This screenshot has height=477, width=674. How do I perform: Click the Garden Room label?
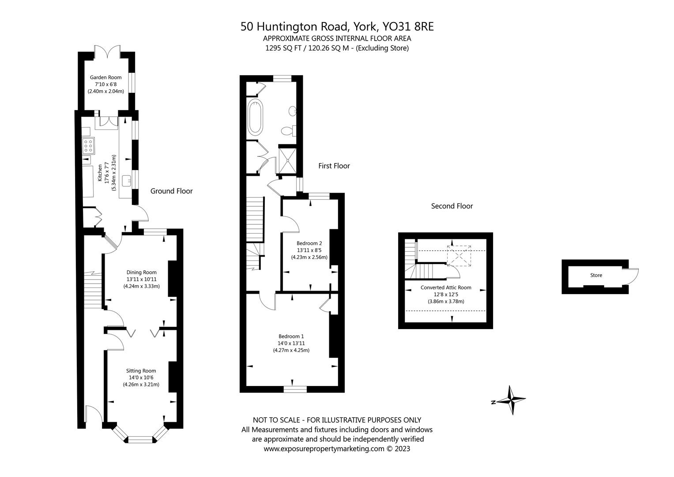pyautogui.click(x=105, y=77)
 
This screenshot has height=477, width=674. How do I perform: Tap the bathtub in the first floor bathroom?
pyautogui.click(x=255, y=117)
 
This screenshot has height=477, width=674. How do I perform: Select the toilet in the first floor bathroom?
pyautogui.click(x=289, y=131)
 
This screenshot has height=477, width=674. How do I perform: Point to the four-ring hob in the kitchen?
pyautogui.click(x=88, y=146)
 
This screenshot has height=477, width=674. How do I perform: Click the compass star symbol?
pyautogui.click(x=511, y=400)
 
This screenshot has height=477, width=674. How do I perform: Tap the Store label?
pyautogui.click(x=596, y=275)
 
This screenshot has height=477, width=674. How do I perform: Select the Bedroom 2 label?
pyautogui.click(x=309, y=243)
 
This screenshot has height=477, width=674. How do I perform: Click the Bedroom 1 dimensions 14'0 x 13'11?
pyautogui.click(x=291, y=343)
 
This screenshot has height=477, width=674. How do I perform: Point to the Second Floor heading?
pyautogui.click(x=452, y=206)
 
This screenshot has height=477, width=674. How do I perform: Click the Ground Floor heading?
pyautogui.click(x=172, y=191)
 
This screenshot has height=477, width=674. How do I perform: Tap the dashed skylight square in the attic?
pyautogui.click(x=459, y=256)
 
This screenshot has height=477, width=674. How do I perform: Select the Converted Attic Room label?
pyautogui.click(x=446, y=288)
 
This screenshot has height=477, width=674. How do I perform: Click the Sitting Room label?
pyautogui.click(x=141, y=371)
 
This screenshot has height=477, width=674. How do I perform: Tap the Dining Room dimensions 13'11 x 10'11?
pyautogui.click(x=141, y=279)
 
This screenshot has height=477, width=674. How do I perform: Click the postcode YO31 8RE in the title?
pyautogui.click(x=408, y=27)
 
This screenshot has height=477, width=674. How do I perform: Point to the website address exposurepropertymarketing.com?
pyautogui.click(x=324, y=449)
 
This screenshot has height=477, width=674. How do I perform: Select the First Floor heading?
pyautogui.click(x=334, y=166)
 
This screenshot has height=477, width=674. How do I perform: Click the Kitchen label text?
pyautogui.click(x=100, y=173)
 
